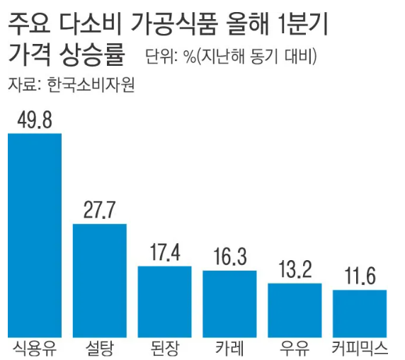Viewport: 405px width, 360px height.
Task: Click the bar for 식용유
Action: (34, 235)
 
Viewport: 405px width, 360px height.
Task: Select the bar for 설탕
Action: (99, 280)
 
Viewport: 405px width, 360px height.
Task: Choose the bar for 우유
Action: (295, 310)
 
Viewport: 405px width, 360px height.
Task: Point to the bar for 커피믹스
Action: (360, 313)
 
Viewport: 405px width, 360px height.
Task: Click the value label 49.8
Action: (34, 120)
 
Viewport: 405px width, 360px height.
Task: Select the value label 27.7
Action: (99, 210)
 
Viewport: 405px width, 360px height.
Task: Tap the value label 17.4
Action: (164, 253)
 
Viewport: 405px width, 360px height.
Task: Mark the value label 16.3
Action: (229, 257)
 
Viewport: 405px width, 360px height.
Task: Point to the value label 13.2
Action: (295, 270)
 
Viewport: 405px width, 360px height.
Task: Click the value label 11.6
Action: (360, 276)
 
